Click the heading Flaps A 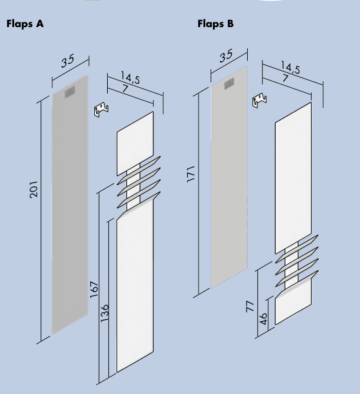25,24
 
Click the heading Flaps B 215,24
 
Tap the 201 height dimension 34,189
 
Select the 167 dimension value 94,290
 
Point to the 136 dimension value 105,313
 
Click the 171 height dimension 191,174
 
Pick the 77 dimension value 250,307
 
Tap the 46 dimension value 263,319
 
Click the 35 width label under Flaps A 68,61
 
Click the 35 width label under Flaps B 226,56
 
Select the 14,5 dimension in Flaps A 130,77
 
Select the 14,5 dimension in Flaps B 290,67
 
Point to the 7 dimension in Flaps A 125,88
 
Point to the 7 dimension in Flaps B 285,78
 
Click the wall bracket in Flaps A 101,110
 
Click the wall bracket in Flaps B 260,100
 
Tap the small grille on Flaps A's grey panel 70,92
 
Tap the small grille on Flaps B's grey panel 229,83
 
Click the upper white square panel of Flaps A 135,144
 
